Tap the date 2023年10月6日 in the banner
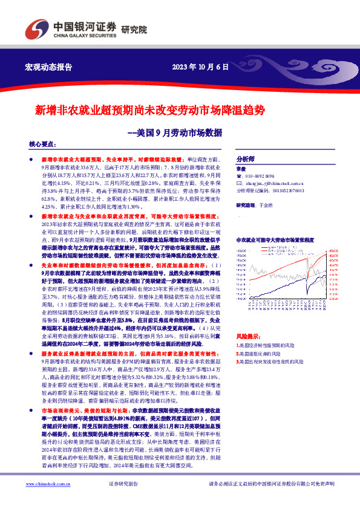(x=200, y=67)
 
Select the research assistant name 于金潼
(x=266, y=206)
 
